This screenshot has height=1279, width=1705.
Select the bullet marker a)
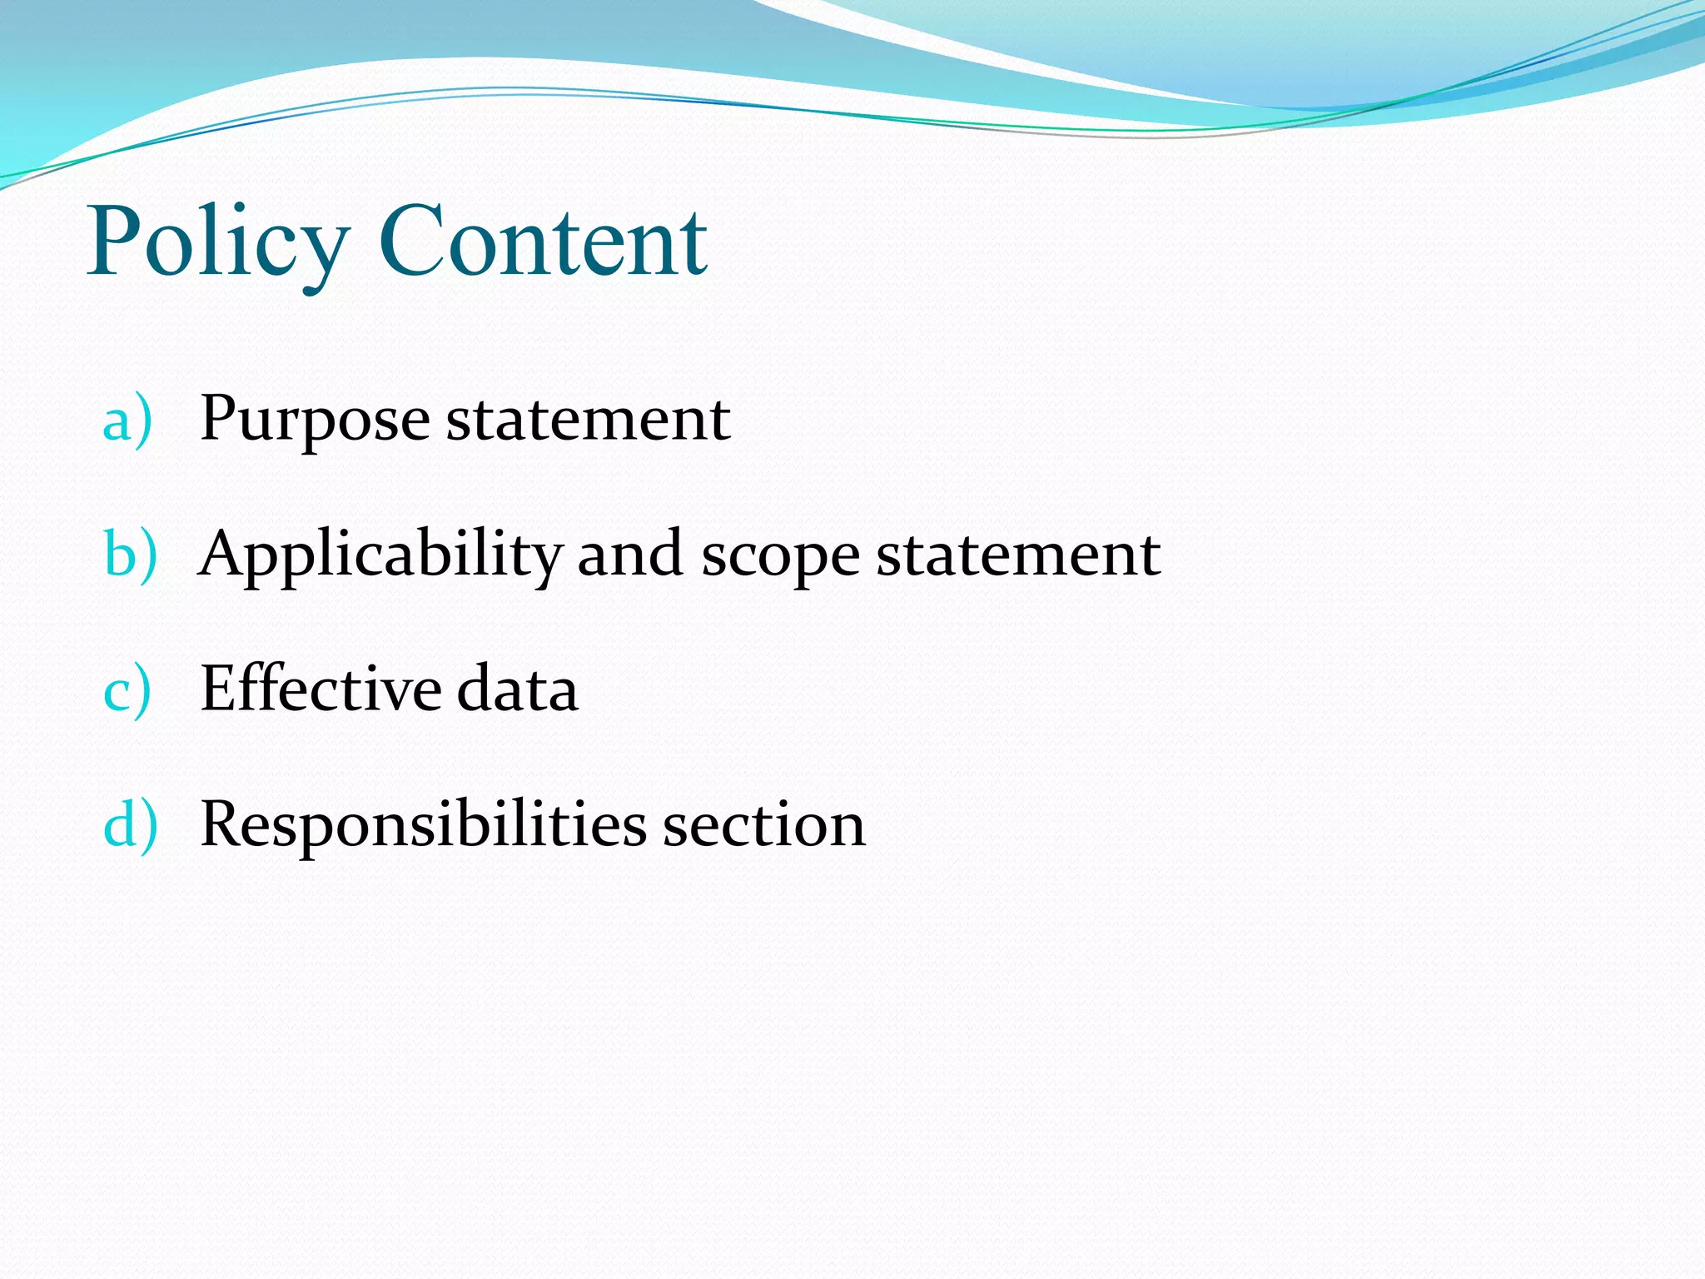click(x=127, y=420)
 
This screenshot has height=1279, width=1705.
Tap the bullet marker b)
click(x=130, y=555)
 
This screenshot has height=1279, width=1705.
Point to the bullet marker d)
click(x=130, y=825)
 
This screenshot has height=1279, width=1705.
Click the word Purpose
click(x=315, y=420)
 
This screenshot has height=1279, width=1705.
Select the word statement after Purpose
click(x=588, y=419)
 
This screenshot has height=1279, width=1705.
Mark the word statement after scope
click(x=1017, y=555)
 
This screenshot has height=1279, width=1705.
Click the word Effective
click(x=321, y=689)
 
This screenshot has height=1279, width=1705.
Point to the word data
click(x=517, y=690)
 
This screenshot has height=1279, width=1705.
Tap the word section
click(x=763, y=825)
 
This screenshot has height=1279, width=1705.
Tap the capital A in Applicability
click(x=224, y=553)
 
